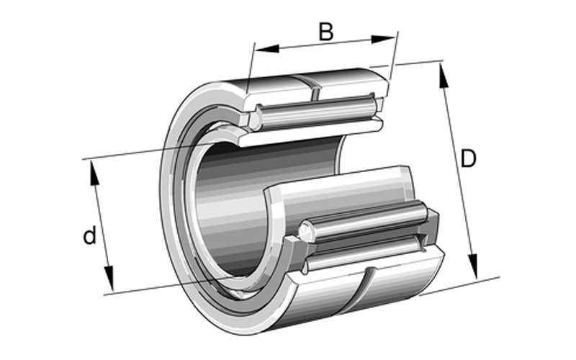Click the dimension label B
[326, 31]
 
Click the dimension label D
[469, 158]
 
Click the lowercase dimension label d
[89, 235]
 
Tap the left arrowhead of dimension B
[267, 48]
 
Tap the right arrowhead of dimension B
[383, 39]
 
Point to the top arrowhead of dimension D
[444, 76]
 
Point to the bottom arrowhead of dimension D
[474, 266]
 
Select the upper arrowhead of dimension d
[94, 173]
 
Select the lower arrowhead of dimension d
[109, 279]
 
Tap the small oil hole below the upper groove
[315, 94]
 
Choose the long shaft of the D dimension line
[459, 171]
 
